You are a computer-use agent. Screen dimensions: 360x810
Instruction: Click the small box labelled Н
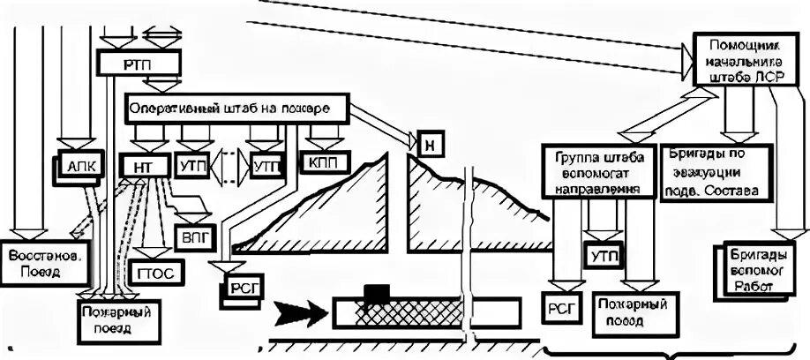tap(430, 144)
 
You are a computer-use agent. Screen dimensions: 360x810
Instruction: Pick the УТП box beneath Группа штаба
tap(605, 256)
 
